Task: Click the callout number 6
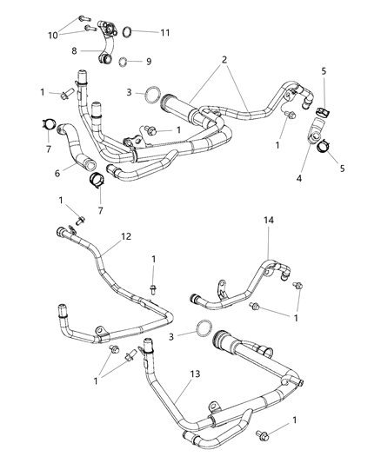point(58,174)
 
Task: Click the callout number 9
point(147,62)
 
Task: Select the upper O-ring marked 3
point(151,93)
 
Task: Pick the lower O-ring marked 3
point(203,328)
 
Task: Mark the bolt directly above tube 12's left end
point(76,220)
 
